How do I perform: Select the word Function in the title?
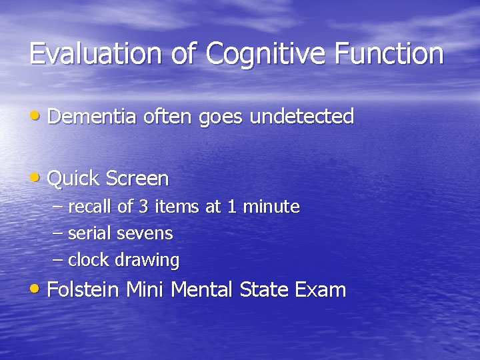click(389, 54)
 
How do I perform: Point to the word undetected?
click(301, 117)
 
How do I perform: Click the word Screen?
click(137, 179)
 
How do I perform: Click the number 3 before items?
click(143, 207)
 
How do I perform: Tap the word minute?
click(271, 207)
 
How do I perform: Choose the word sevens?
click(145, 234)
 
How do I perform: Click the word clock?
click(89, 260)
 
